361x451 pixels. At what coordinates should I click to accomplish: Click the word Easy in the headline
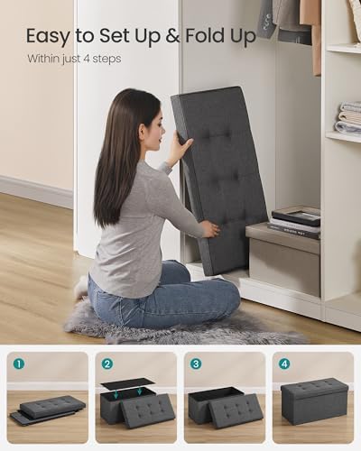(48, 37)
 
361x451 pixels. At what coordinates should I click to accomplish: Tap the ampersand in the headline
(172, 36)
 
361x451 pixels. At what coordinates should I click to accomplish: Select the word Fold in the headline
(205, 35)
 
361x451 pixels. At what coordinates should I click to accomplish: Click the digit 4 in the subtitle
(87, 59)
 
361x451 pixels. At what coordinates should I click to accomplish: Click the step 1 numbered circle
(19, 364)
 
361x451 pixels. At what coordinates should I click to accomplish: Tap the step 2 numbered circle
(107, 364)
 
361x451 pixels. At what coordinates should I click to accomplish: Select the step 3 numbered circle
(196, 364)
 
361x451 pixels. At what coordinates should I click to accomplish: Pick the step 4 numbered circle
(284, 364)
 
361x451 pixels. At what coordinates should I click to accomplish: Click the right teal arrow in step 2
(139, 391)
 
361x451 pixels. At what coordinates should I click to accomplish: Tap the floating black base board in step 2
(128, 384)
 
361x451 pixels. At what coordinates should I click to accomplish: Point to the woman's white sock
(81, 287)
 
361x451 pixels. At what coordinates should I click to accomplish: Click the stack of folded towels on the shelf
(349, 117)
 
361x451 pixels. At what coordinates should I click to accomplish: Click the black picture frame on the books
(296, 216)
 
